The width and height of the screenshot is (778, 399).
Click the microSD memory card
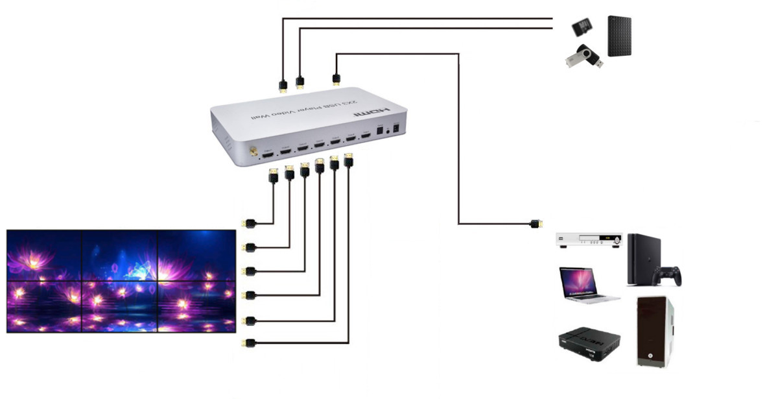coord(582,27)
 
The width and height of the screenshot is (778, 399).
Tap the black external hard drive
coord(620,36)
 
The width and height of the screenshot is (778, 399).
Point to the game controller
coord(668,276)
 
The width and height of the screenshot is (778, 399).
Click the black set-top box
coord(589,344)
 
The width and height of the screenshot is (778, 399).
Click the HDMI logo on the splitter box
coord(367,114)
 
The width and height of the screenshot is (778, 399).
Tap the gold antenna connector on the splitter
coord(251,154)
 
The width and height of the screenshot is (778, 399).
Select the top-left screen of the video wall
coord(44,255)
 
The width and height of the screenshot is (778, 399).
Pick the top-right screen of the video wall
coord(196,255)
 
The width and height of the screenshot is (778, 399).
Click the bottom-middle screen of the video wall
coord(120,306)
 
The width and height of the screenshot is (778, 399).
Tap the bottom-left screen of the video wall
coord(44,306)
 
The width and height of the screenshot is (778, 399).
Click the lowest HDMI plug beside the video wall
coord(247,343)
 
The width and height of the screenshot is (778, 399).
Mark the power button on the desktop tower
coord(650,355)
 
